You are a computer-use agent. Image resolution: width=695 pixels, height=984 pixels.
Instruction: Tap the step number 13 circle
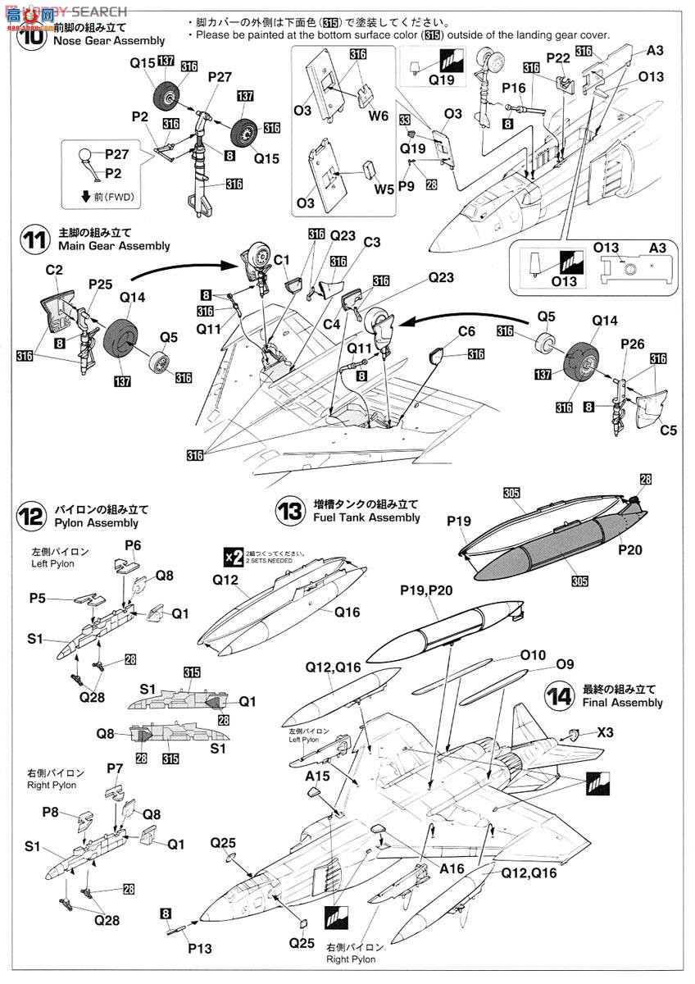[289, 512]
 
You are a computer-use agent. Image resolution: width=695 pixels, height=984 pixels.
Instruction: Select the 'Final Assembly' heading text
[622, 703]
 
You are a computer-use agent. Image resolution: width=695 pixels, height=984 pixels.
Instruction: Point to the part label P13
[198, 949]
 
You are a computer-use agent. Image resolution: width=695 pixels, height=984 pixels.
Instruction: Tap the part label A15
[316, 775]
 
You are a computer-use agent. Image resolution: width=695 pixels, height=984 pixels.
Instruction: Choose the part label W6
[378, 116]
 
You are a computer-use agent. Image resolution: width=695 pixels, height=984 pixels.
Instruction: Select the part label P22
[558, 57]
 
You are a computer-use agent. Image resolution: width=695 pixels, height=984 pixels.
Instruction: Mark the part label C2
[54, 270]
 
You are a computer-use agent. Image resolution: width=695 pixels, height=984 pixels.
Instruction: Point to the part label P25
[101, 283]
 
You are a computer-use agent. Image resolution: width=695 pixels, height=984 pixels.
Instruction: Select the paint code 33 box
[406, 120]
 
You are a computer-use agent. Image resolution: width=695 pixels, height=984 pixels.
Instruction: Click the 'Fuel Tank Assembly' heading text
[366, 517]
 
